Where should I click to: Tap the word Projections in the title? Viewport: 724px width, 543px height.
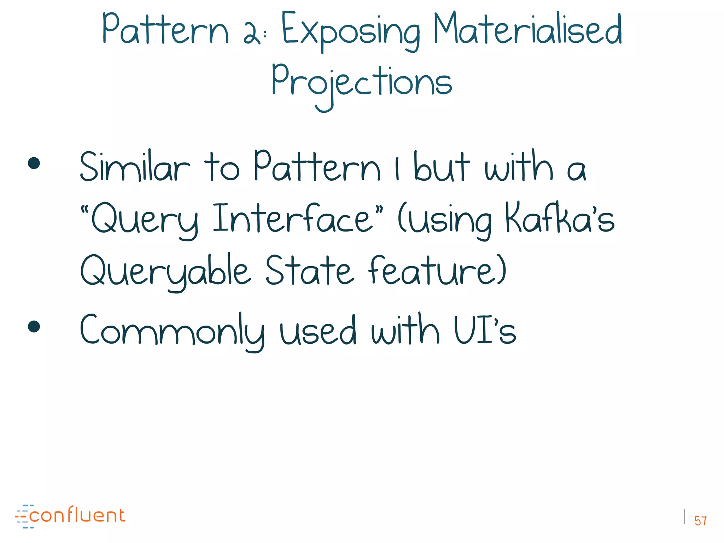[361, 83]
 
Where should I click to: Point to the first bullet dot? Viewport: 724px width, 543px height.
[34, 163]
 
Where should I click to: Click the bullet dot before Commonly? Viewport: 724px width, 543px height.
[34, 327]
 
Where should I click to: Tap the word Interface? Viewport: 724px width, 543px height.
[293, 218]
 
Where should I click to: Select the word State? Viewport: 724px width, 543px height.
[309, 270]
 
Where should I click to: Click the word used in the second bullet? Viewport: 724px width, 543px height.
[317, 331]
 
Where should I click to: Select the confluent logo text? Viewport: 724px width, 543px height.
[77, 515]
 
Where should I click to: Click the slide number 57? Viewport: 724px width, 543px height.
[700, 521]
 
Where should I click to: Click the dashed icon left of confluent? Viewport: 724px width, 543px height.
[23, 516]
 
